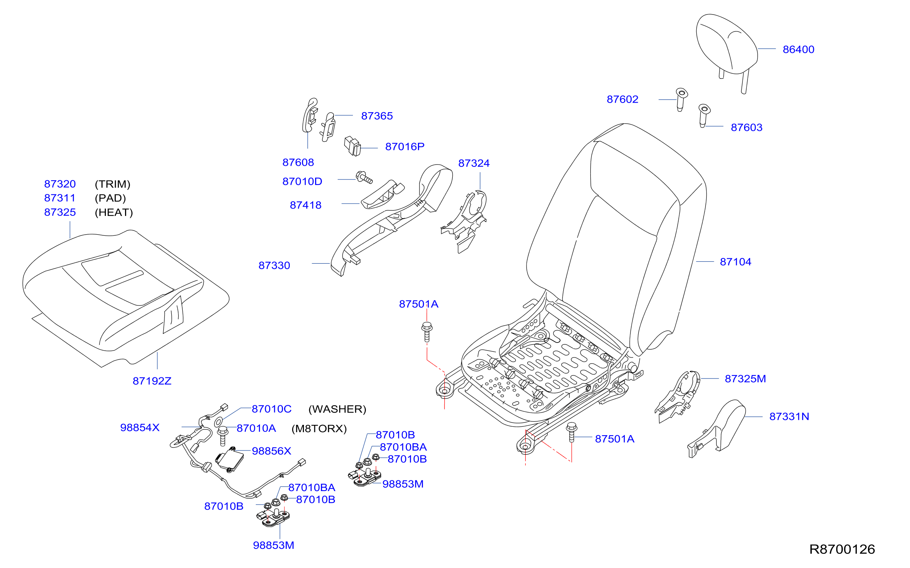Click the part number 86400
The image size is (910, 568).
pos(798,49)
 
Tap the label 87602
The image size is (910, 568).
pos(622,99)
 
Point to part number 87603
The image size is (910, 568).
pos(746,127)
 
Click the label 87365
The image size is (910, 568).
pos(377,116)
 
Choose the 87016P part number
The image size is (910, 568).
pos(405,147)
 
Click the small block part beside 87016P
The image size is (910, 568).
pos(353,146)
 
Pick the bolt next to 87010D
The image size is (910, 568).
pos(364,177)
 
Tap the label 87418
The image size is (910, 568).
pos(305,205)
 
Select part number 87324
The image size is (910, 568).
pos(474,163)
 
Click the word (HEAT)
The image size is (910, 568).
pos(114,212)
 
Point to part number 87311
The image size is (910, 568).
pos(60,198)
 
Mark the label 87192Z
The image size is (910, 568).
pos(152,381)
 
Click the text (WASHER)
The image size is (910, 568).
pos(337,409)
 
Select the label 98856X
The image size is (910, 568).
pos(271,451)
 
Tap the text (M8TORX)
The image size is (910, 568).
pos(319,429)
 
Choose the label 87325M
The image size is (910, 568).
pos(745,379)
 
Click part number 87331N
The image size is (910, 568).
pos(789,416)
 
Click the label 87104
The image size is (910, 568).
pos(735,262)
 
